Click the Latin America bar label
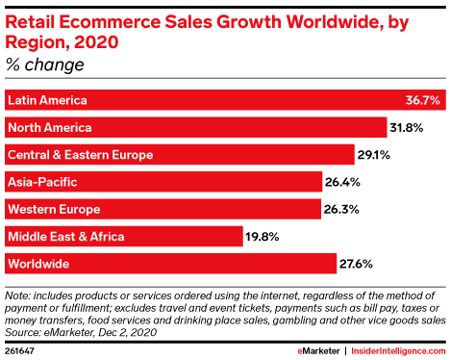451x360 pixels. tap(47, 100)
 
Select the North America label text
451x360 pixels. tap(49, 127)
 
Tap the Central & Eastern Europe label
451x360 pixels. tap(80, 154)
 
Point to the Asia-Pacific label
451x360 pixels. tap(42, 181)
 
